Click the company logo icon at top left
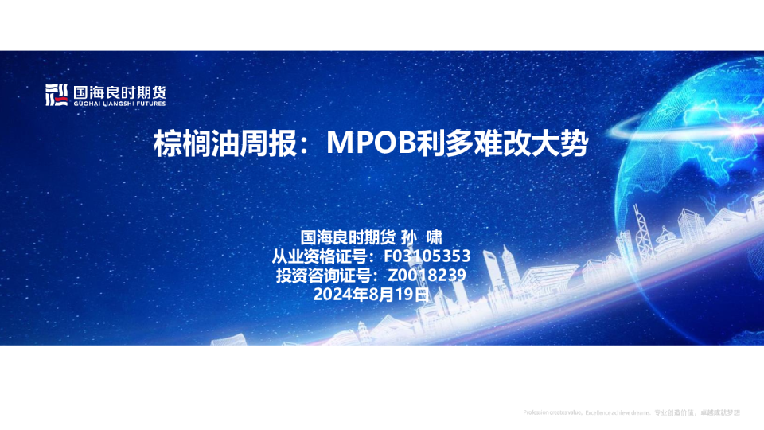(56, 95)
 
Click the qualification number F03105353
(427, 256)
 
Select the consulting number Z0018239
(426, 275)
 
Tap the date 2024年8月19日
(372, 293)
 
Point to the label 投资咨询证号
(323, 275)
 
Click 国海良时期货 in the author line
(347, 237)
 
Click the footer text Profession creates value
(552, 412)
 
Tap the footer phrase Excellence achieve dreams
(618, 412)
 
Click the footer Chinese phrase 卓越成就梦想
(721, 412)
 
